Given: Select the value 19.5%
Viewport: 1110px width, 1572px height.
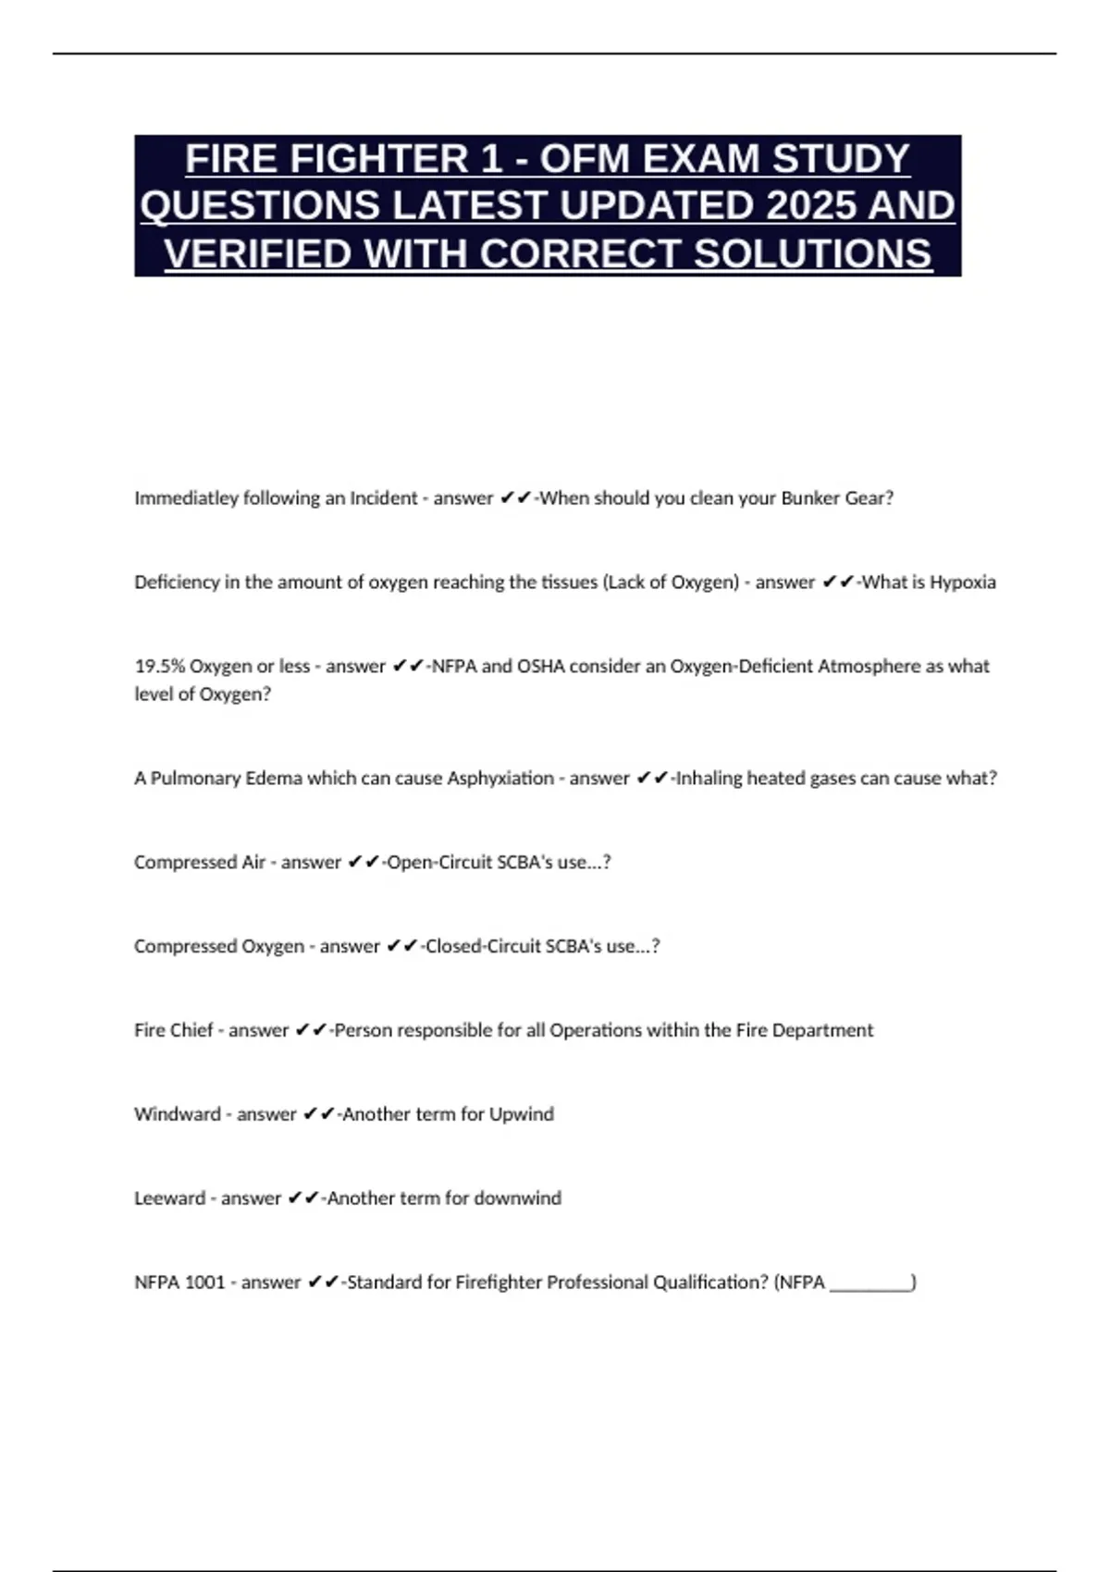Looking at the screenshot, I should pos(159,667).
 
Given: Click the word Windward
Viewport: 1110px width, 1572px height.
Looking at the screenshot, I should pos(178,1114).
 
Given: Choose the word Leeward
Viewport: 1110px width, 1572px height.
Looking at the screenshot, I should pos(170,1198).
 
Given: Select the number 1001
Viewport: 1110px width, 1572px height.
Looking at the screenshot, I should pos(204,1283).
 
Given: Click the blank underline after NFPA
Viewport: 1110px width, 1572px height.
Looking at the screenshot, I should pos(869,1284).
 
